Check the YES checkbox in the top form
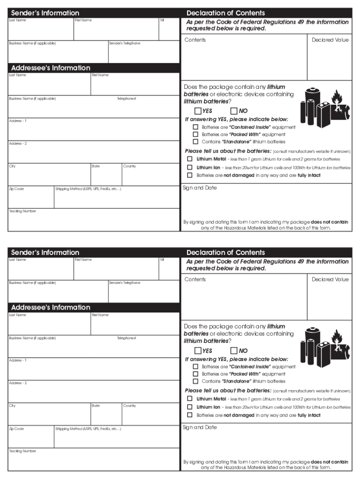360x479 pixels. (x=198, y=111)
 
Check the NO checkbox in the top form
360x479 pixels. (x=234, y=111)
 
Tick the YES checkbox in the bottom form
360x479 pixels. (x=198, y=350)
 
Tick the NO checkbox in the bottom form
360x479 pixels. (x=234, y=350)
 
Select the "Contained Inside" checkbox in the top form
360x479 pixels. (x=195, y=127)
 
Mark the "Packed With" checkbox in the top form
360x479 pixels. (x=195, y=134)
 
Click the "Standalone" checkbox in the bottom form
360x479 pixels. (x=195, y=381)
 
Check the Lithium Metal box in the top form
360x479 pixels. (x=190, y=159)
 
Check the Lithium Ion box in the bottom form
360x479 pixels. (x=190, y=406)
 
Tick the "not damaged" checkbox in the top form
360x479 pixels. (x=190, y=175)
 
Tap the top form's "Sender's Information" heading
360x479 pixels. (x=45, y=13)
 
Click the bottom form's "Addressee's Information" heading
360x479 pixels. (x=50, y=307)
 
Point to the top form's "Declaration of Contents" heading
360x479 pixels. (x=225, y=13)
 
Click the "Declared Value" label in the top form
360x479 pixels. (x=330, y=40)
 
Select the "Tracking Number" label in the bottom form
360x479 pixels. (x=22, y=451)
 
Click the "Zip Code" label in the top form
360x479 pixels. (x=16, y=189)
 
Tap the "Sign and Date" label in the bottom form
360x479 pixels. (x=200, y=427)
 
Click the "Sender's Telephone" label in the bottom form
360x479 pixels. (x=124, y=283)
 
